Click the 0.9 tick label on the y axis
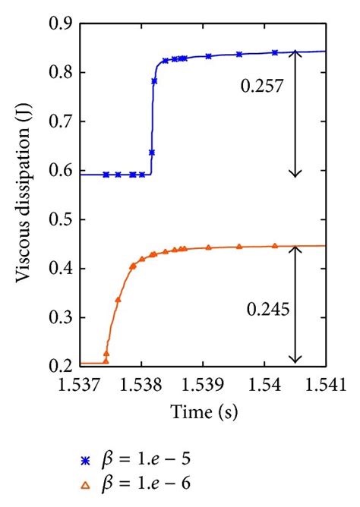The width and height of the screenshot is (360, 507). click(x=62, y=24)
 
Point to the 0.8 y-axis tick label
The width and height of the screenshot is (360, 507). click(x=62, y=73)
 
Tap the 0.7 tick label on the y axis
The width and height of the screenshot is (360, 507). click(x=62, y=122)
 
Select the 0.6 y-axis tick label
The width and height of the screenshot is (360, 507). click(x=62, y=171)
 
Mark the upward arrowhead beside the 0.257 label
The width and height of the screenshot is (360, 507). click(x=296, y=55)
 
